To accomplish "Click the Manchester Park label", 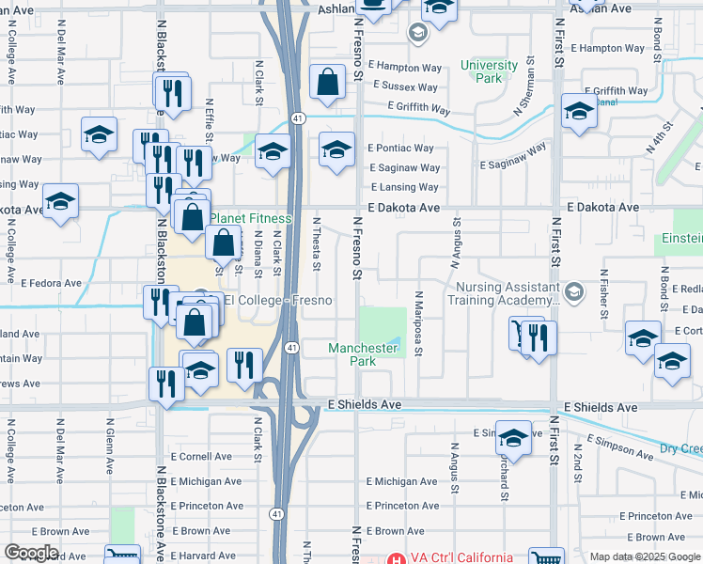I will pyautogui.click(x=363, y=354).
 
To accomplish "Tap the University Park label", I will pyautogui.click(x=489, y=71).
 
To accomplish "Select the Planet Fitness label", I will pyautogui.click(x=251, y=219).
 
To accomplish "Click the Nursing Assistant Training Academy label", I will pyautogui.click(x=503, y=294).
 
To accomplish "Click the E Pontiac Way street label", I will pyautogui.click(x=400, y=148).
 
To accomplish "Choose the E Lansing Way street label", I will pyautogui.click(x=405, y=188).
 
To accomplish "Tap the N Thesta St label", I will pyautogui.click(x=318, y=243).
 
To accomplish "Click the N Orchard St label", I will pyautogui.click(x=506, y=475).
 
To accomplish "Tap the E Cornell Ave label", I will pyautogui.click(x=201, y=457).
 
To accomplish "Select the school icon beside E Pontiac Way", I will pyautogui.click(x=336, y=149).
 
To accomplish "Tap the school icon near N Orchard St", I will pyautogui.click(x=513, y=438).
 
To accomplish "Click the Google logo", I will pyautogui.click(x=32, y=553).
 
